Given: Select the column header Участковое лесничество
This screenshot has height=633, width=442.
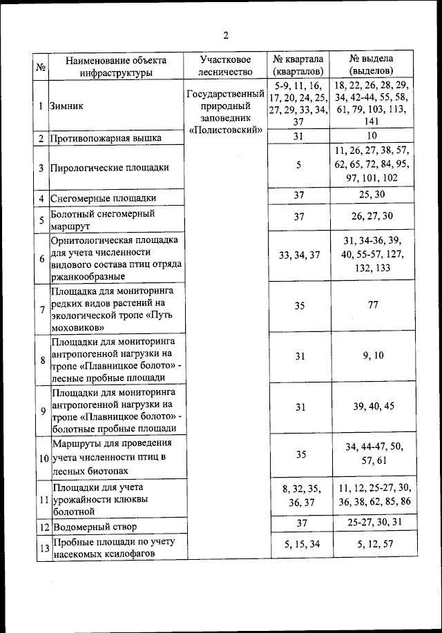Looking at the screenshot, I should pos(225,66).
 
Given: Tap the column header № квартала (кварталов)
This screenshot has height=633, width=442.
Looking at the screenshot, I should pos(298,66).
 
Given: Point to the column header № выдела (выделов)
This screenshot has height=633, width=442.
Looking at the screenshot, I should pos(372,66).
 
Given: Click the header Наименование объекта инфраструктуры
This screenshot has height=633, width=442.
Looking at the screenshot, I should pos(115,66).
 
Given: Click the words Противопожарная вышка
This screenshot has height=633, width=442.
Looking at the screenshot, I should pos(106,138).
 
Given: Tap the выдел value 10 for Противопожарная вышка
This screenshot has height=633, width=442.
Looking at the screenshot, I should pos(372,136).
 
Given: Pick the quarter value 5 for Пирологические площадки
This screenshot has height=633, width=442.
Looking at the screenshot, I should pos(298,166).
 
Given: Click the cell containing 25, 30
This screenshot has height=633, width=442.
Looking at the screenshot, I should pos(372,195).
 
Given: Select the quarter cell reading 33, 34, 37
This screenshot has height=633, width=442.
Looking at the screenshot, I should pos(298,255).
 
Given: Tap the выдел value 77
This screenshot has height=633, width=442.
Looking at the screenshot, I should pos(372,305).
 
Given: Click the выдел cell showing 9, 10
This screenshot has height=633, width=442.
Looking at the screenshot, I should pos(372,356).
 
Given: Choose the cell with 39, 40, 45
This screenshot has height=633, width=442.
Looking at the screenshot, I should pos(372,407).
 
